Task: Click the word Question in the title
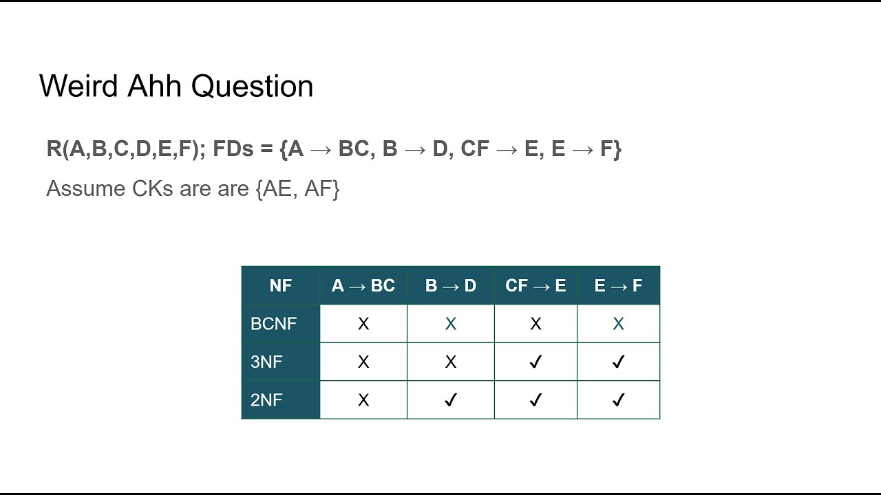point(252,87)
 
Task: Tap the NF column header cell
point(281,285)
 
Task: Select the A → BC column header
point(363,285)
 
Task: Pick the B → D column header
point(451,285)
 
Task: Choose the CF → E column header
point(535,285)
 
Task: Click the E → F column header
point(618,285)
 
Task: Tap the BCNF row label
point(273,324)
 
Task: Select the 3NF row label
point(266,362)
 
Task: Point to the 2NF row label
point(266,399)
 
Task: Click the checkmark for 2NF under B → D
point(451,399)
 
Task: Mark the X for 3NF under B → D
point(451,362)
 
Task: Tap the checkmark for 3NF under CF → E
point(535,362)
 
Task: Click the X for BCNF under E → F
point(618,324)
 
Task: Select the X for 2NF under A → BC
point(363,399)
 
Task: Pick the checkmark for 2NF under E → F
point(618,399)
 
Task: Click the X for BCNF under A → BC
point(363,324)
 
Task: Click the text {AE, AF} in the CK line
point(297,189)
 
